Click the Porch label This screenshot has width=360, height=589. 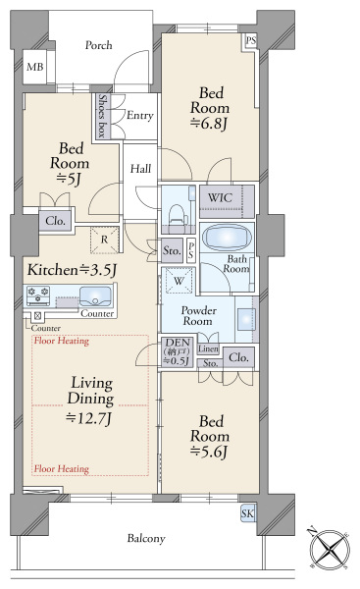coord(98,45)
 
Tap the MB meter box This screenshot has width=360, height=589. coord(35,67)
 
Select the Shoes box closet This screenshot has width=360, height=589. coord(102,116)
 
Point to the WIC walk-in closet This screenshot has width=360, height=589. coord(227,201)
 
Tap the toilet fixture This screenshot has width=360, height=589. coord(176,216)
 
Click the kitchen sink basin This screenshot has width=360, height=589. coord(95,296)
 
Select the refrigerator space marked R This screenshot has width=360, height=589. coord(105,240)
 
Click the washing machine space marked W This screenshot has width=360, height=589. coord(180,281)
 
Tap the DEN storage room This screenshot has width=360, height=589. coord(178,352)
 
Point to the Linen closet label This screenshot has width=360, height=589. coord(208,348)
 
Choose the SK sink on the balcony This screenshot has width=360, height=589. coord(248,513)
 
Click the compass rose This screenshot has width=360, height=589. coord(331,551)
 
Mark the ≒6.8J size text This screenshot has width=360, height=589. coord(209,124)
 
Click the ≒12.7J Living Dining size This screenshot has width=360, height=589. coord(89,418)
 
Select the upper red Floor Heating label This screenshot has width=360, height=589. coord(62,341)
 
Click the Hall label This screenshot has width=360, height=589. coord(141,169)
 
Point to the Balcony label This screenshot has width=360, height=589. coord(146,539)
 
